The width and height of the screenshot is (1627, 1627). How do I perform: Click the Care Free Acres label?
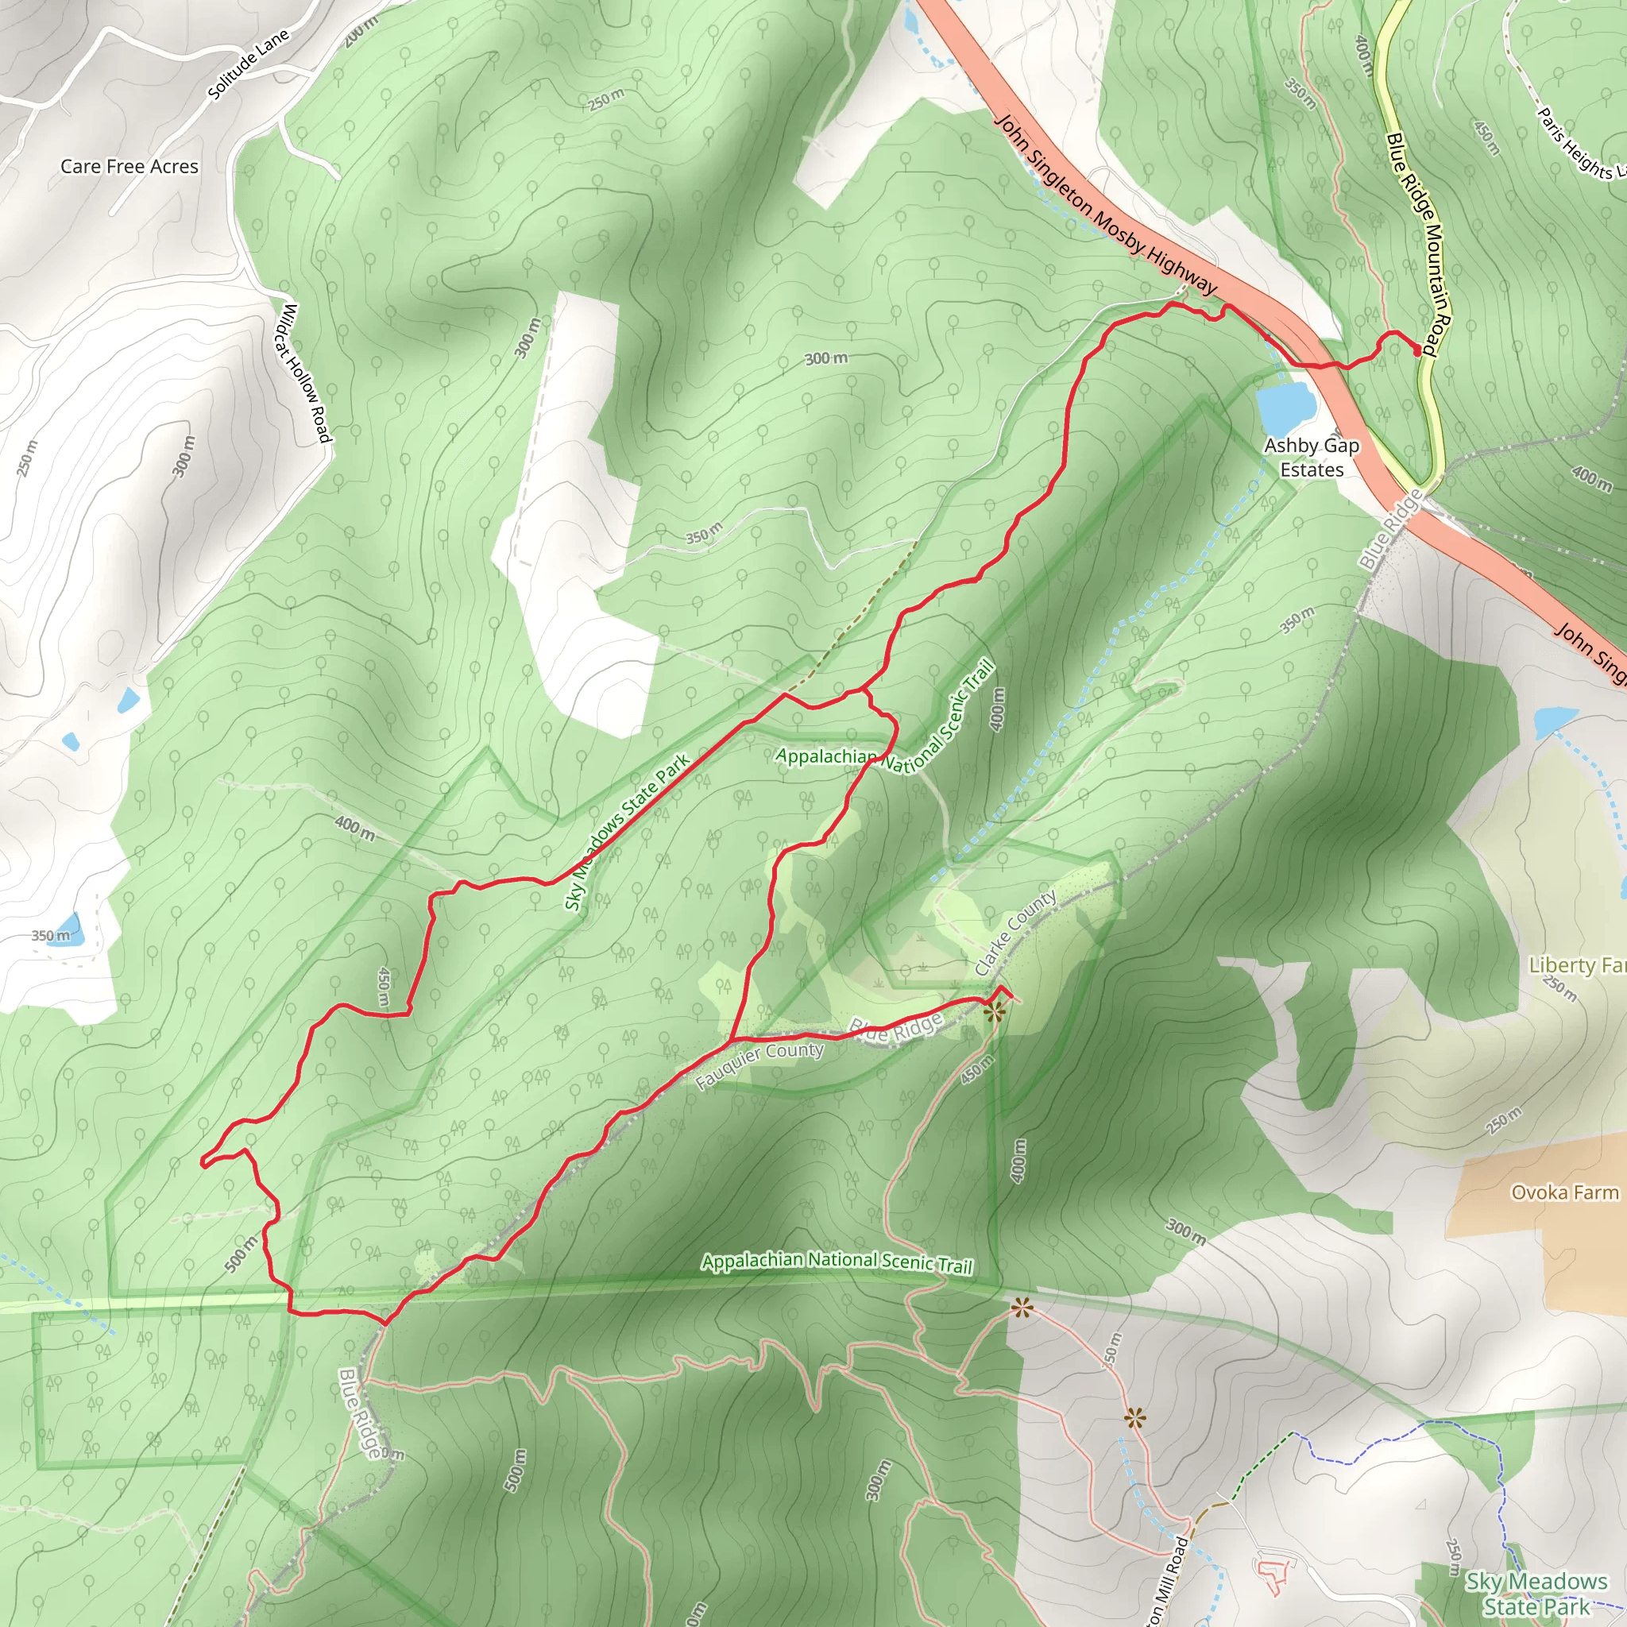(x=129, y=167)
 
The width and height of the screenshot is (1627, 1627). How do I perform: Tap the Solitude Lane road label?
(x=249, y=64)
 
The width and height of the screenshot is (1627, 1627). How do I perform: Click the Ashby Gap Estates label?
(x=1311, y=458)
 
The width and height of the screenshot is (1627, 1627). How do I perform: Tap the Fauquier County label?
(x=759, y=1065)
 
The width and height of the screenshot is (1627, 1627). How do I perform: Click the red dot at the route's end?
(x=1417, y=350)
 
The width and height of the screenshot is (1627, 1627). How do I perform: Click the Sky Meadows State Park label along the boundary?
(x=628, y=831)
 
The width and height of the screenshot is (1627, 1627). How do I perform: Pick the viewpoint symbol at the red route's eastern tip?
(x=995, y=1012)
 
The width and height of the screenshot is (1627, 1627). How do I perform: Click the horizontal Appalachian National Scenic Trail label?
(x=837, y=1262)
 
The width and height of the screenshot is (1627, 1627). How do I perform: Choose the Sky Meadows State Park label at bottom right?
(x=1536, y=1594)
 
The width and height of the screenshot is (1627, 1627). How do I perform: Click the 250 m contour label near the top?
(x=606, y=99)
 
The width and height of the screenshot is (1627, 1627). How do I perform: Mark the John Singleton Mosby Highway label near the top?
(x=1107, y=205)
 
